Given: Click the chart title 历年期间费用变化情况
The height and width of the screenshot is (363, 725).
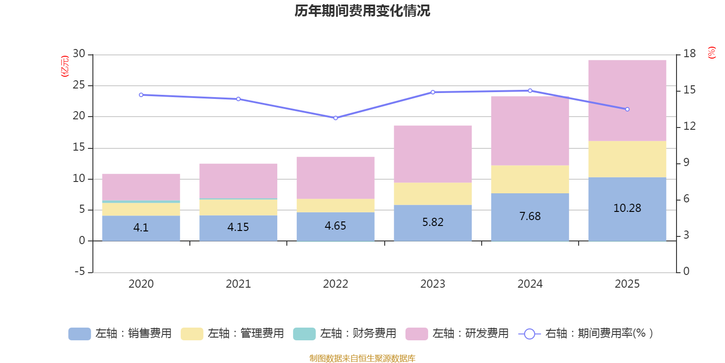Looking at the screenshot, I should (362, 11).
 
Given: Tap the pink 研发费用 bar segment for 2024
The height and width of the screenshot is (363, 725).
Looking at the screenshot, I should (530, 131).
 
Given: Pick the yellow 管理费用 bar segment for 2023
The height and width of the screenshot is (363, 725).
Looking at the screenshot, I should (433, 194).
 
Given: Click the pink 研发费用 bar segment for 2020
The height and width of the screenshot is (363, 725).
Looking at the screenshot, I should (141, 187).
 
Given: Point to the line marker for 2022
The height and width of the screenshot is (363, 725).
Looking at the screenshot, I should (336, 118).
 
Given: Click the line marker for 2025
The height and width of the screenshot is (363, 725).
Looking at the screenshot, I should (627, 109).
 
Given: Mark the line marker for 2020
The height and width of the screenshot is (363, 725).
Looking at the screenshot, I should (141, 95).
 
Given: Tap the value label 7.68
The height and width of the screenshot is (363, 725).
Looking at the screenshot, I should (530, 216).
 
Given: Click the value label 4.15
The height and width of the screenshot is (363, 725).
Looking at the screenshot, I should (238, 227).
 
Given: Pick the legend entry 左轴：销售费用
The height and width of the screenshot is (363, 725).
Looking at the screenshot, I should (120, 334).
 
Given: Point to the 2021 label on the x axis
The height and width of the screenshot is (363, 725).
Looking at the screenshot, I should (238, 284).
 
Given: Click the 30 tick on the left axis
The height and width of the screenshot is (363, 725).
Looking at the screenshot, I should (79, 54).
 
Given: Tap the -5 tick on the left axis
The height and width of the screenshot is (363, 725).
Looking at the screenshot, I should (79, 271).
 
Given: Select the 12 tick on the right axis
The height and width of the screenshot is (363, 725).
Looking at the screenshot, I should (689, 126).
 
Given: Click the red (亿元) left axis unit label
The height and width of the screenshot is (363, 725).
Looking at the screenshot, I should (65, 66).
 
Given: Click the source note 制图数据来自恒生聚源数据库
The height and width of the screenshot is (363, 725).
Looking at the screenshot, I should (362, 358).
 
